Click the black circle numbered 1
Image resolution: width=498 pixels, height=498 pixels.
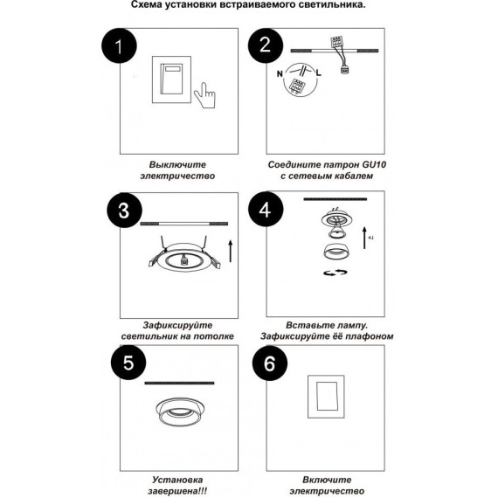tap(119, 46)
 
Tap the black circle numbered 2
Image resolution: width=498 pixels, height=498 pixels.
tap(266, 45)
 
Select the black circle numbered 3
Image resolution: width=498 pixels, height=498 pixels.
tap(124, 211)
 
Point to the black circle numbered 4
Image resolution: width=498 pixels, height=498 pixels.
tap(266, 209)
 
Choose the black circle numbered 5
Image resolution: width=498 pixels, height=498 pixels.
tap(128, 363)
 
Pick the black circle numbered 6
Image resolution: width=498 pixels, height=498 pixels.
tap(270, 363)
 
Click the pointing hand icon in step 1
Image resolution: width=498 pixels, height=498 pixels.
tap(204, 95)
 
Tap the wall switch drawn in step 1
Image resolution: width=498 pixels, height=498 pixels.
tap(171, 80)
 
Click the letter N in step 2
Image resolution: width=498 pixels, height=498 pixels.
tap(280, 74)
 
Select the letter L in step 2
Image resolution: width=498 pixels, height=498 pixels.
tap(319, 73)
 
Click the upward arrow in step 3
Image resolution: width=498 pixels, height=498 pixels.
tap(231, 252)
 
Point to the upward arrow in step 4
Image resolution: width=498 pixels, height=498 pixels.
tap(365, 238)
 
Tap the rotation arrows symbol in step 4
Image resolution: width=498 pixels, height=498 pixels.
tap(335, 273)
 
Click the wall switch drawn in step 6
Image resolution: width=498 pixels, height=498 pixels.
tap(326, 397)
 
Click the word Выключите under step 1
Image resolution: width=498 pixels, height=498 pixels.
tap(177, 164)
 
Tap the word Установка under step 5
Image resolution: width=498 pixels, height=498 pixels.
tap(177, 480)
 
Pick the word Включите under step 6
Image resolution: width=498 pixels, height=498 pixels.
tap(327, 480)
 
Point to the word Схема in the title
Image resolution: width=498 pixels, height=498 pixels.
tap(147, 4)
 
